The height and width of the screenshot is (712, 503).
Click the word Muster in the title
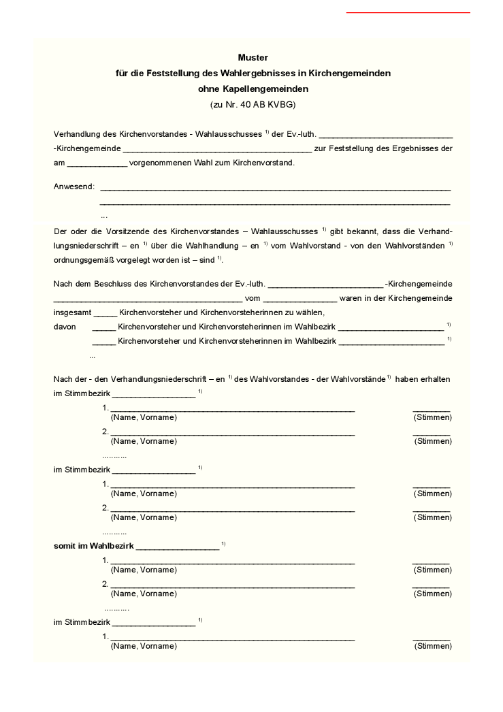coord(253,58)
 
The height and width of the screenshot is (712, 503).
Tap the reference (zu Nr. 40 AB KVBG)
coord(253,105)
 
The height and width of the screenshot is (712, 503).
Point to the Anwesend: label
coord(74,187)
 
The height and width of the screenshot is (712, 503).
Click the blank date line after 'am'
coord(97,163)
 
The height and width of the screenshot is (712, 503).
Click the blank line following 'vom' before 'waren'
coord(299,298)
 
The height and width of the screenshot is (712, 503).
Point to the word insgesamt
coord(71,312)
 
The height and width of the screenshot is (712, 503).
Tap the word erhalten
coord(436,378)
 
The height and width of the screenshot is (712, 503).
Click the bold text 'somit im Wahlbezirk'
coord(94,546)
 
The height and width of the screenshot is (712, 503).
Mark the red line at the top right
coord(408,12)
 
